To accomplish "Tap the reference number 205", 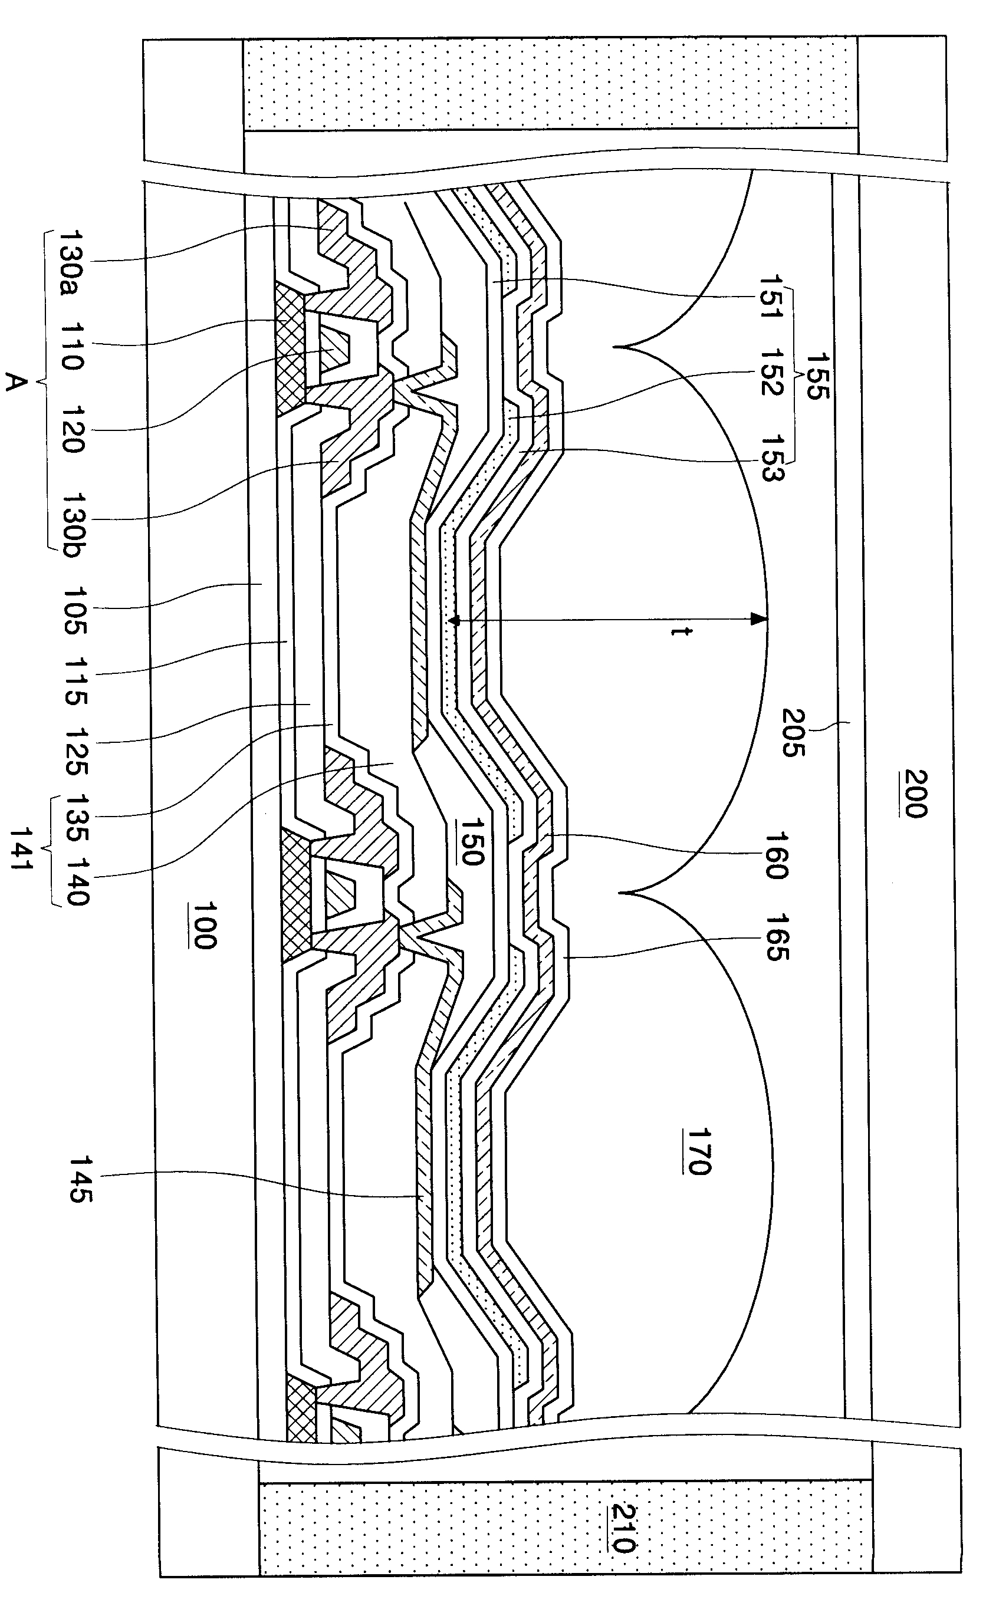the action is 794,733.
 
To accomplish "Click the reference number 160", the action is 776,855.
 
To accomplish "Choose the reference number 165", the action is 777,937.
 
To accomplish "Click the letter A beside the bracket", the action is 14,382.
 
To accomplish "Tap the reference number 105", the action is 75,610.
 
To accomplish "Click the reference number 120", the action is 75,429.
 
